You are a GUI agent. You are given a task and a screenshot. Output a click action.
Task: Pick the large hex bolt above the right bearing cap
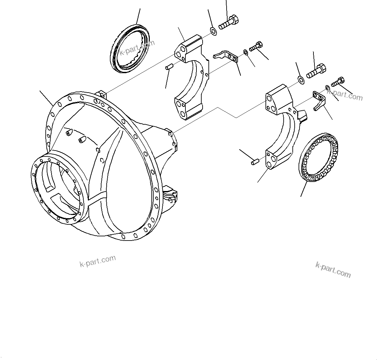316,72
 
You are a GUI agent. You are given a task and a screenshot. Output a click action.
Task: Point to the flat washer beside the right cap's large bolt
300,79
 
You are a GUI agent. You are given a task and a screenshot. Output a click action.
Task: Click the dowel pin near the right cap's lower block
254,161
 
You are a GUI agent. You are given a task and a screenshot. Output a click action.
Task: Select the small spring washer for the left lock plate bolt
245,52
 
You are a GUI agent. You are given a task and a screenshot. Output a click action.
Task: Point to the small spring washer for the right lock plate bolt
328,87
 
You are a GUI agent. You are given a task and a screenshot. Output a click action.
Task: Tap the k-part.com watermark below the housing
98,261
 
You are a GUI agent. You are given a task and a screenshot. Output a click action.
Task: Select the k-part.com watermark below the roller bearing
333,270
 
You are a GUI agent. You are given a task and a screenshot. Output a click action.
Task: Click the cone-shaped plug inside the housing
81,140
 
